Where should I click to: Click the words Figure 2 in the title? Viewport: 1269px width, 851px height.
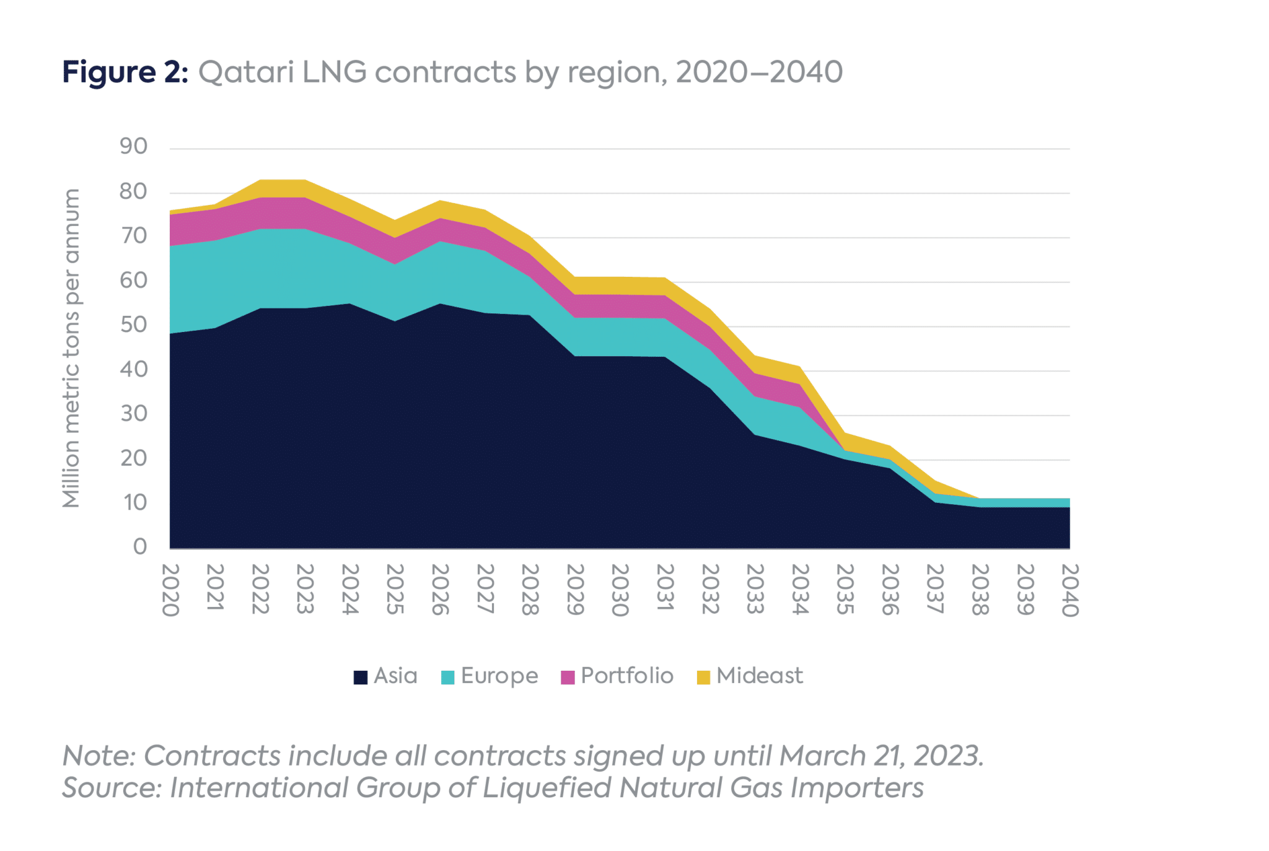coord(124,72)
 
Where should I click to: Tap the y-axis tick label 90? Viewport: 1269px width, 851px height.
coord(133,146)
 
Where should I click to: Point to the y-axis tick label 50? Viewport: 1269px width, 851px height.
coord(133,325)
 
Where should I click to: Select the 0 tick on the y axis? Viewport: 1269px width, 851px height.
coord(140,546)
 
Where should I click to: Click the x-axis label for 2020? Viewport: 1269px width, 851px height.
coord(170,590)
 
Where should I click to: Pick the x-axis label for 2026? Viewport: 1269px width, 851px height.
coord(440,590)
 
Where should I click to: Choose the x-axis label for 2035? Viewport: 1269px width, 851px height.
coord(845,590)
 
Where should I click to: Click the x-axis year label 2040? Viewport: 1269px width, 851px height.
coord(1069,590)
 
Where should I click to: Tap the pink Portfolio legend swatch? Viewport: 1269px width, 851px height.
coord(568,677)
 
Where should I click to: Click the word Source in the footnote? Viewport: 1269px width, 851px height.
coord(112,788)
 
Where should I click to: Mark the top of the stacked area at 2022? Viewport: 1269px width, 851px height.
coord(260,180)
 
